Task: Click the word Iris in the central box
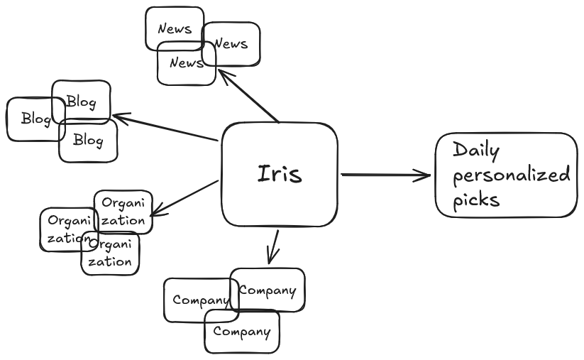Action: (x=279, y=174)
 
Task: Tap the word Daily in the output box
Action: (x=476, y=151)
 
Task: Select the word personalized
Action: (x=511, y=175)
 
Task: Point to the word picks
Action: (x=476, y=200)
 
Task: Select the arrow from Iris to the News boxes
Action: (x=248, y=96)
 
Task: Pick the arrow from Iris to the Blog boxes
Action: (x=165, y=126)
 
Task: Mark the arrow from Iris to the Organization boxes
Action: (x=184, y=197)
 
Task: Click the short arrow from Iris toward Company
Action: (x=272, y=246)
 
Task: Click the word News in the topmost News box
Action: (x=175, y=29)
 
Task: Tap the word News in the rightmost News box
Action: (x=231, y=44)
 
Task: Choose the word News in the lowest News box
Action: (x=186, y=63)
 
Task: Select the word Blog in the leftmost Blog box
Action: (x=35, y=119)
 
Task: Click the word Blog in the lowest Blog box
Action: (x=88, y=141)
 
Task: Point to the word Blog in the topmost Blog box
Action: (x=81, y=102)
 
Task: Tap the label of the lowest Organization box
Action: (x=111, y=253)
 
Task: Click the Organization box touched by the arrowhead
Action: (x=123, y=212)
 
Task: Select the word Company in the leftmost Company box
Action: (x=200, y=300)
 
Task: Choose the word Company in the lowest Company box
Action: (x=241, y=332)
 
